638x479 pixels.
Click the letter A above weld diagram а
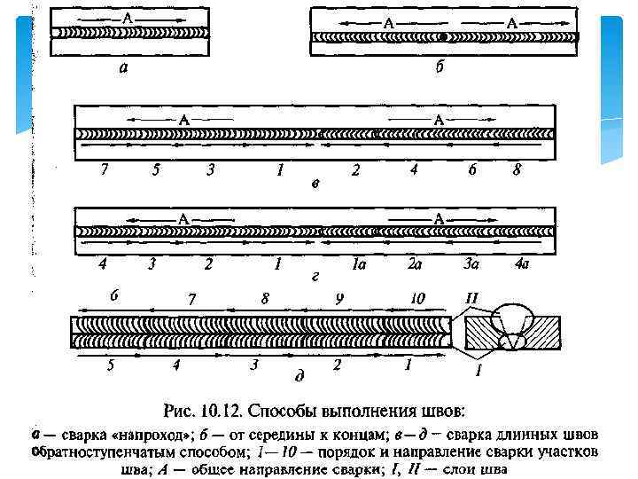point(129,18)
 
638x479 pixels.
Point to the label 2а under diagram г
point(415,263)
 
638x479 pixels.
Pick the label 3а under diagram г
point(471,263)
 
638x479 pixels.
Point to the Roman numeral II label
point(471,298)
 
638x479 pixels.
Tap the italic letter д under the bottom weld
point(300,377)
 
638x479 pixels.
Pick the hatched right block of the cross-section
point(541,332)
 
